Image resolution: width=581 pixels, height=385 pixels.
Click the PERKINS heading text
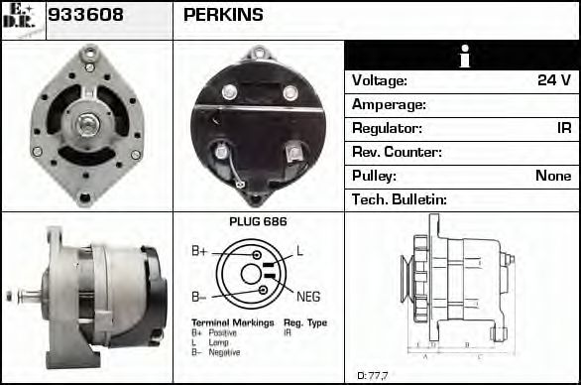(223, 15)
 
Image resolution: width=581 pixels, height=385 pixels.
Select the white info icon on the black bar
(461, 57)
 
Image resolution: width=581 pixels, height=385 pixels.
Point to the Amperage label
(389, 104)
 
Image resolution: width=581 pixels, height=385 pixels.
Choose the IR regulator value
(563, 128)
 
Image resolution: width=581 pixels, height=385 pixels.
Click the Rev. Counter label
(397, 152)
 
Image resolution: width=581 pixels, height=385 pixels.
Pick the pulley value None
(553, 176)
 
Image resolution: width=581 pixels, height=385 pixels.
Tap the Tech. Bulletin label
(400, 199)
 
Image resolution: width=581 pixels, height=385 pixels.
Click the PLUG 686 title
(257, 221)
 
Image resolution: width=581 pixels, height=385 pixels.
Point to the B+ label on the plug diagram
(199, 252)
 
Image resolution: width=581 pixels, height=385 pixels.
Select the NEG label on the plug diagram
(308, 296)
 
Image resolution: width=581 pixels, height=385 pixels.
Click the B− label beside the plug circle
(199, 297)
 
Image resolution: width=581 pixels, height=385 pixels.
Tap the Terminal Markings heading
(225, 323)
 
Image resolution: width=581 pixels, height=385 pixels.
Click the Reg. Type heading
(305, 323)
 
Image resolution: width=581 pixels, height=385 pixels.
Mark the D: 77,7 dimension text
(373, 375)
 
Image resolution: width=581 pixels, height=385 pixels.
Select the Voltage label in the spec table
(380, 80)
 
